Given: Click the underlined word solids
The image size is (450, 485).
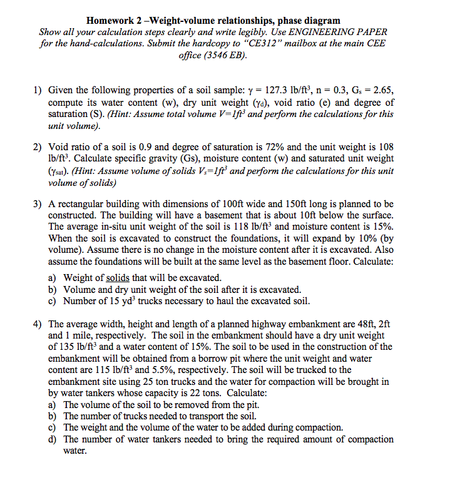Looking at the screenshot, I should (x=118, y=277).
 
